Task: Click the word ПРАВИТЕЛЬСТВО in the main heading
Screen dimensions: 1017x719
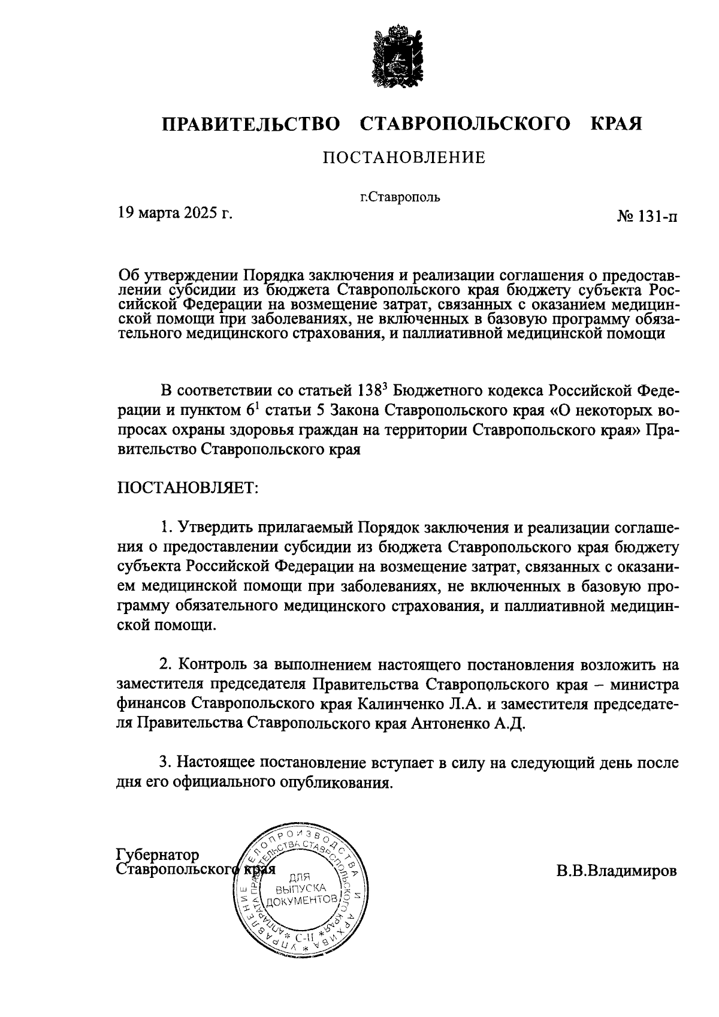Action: point(250,124)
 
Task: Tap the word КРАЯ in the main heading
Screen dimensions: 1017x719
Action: point(616,124)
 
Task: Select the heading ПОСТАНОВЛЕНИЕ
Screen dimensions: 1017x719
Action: point(404,158)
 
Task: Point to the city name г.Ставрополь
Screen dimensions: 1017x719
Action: point(400,197)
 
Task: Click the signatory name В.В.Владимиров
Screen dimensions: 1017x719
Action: point(617,870)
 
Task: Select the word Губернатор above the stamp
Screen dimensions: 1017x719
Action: point(158,854)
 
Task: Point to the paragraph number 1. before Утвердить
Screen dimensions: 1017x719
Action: point(165,528)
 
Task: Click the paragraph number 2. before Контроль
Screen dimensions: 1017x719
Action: point(165,665)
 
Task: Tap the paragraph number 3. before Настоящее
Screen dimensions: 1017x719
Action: point(165,763)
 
